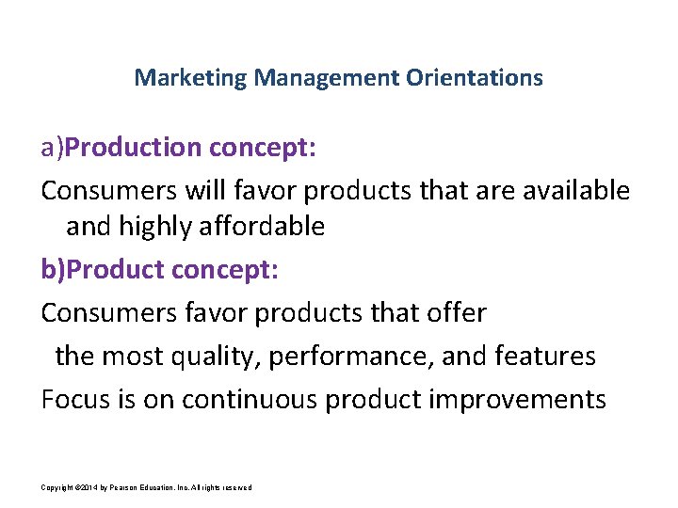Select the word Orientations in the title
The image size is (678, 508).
pyautogui.click(x=475, y=77)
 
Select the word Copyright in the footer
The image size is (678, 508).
pyautogui.click(x=57, y=486)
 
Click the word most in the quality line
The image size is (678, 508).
pyautogui.click(x=134, y=357)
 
